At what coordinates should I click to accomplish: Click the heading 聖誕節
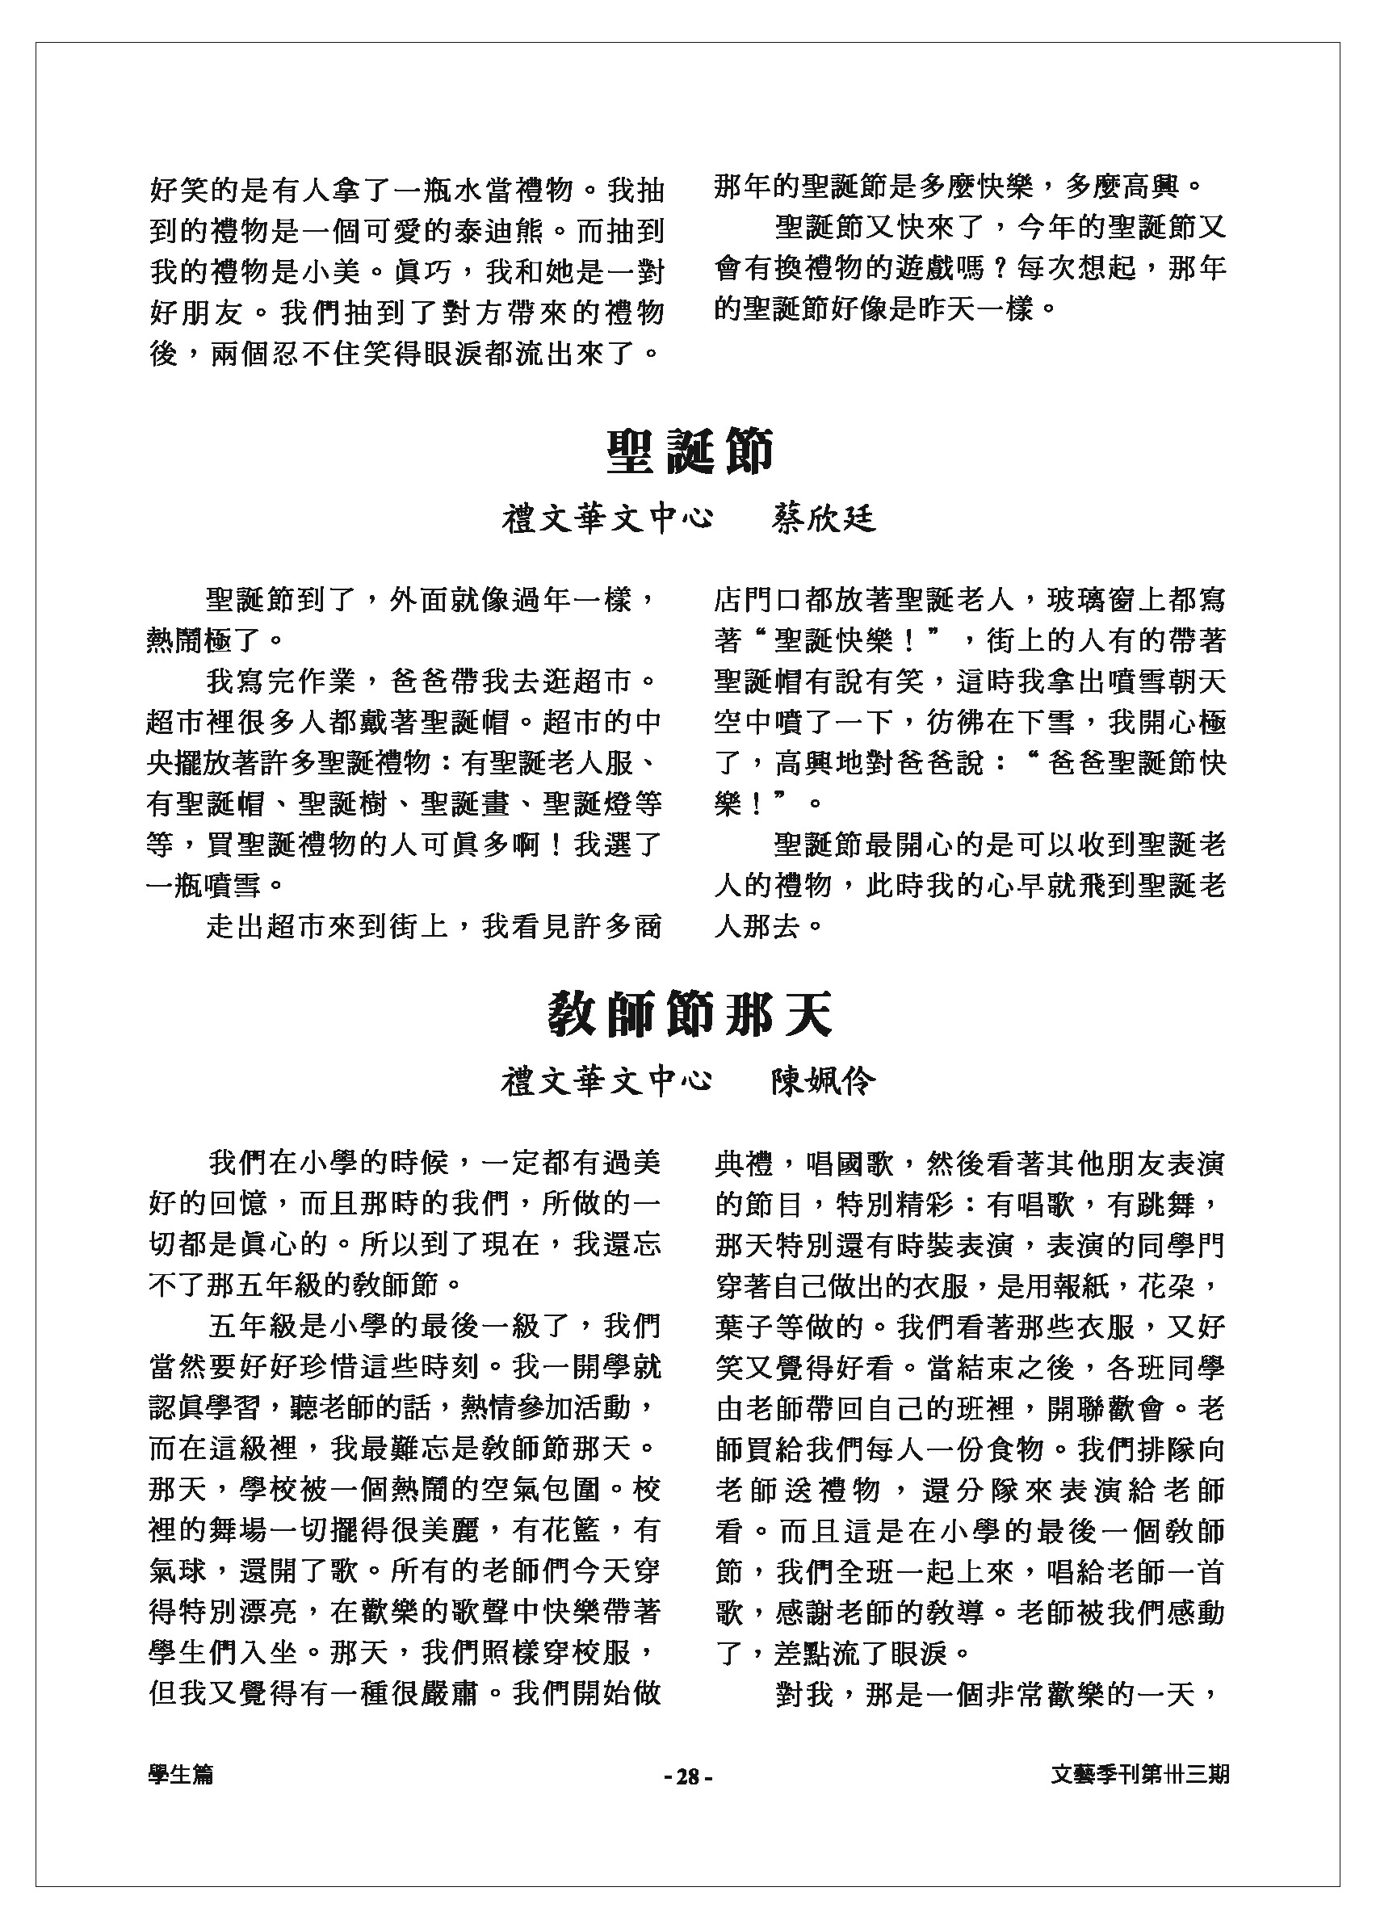689,451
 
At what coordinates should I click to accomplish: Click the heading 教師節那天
689,1015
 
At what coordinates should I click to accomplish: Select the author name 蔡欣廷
823,519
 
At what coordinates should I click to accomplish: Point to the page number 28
688,1777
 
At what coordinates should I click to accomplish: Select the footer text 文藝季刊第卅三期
1139,1776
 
